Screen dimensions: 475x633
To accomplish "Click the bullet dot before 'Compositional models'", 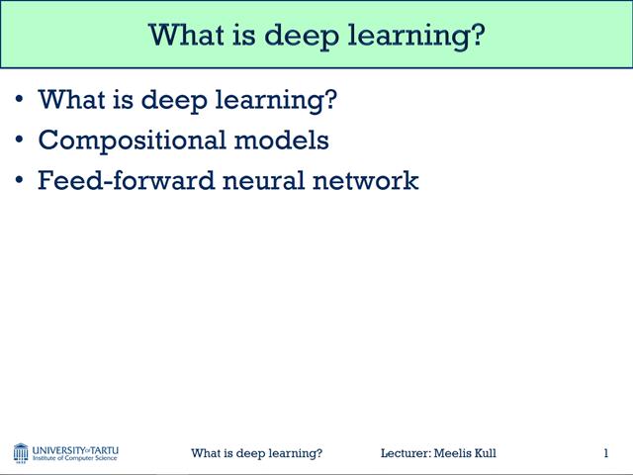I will click(20, 141).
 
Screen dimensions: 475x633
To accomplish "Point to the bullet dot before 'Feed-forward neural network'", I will click(20, 181).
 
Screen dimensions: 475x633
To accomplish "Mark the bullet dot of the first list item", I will click(20, 100).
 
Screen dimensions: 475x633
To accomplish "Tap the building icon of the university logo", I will click(21, 453).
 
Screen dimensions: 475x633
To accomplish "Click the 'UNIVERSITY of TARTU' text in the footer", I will click(75, 449).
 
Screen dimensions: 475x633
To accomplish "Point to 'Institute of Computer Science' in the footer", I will click(75, 458).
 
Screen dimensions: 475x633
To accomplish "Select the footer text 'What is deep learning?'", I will click(256, 453).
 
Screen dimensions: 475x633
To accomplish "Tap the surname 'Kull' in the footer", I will click(484, 453).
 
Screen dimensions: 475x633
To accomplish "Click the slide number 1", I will click(605, 453).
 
